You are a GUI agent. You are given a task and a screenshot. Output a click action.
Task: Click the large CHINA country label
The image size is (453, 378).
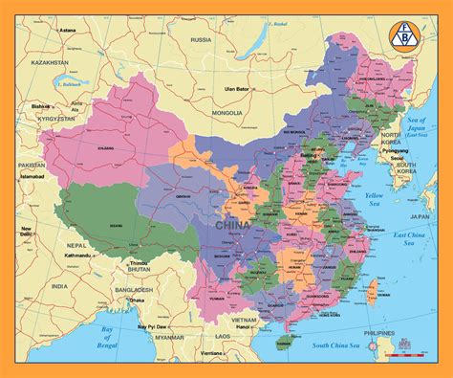pyautogui.click(x=233, y=225)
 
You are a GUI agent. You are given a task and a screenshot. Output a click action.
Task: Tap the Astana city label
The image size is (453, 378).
pyautogui.click(x=68, y=31)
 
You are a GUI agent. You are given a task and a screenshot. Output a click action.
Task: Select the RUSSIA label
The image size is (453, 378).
pyautogui.click(x=201, y=40)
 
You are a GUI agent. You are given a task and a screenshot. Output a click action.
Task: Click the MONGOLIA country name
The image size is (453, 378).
pyautogui.click(x=226, y=113)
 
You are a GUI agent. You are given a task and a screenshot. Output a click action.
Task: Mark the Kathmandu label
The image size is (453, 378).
pyautogui.click(x=106, y=256)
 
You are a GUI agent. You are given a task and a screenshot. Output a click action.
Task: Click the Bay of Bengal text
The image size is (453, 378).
pyautogui.click(x=116, y=334)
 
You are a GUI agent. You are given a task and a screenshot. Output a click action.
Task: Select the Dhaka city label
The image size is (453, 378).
pyautogui.click(x=140, y=300)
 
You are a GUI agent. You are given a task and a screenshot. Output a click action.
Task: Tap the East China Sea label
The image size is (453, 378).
pyautogui.click(x=414, y=238)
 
